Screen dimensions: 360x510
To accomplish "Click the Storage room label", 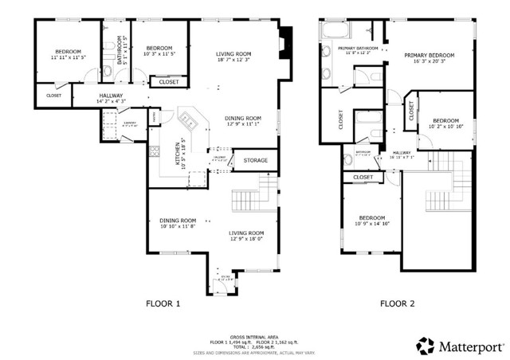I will pos(256,161).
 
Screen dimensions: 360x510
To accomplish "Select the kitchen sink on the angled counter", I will pos(190,121).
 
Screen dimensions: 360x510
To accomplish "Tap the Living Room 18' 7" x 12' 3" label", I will pos(233,57).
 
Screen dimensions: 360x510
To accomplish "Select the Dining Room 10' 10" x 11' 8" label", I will pos(178,224).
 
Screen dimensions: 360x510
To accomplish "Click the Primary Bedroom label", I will pos(429,58).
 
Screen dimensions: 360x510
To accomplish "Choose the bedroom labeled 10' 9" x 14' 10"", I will pos(371,221).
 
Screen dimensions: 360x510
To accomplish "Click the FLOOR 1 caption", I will pos(163,303).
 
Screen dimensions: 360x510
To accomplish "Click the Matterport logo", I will pos(457,346).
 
